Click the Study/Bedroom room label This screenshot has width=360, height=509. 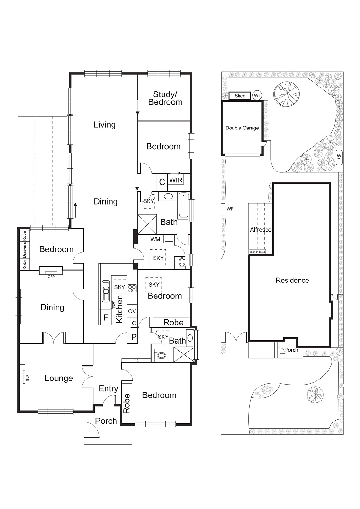coord(165,98)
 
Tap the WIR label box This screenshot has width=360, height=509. coord(176,180)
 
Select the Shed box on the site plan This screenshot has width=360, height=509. coord(240,96)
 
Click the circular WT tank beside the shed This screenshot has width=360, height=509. coord(257,95)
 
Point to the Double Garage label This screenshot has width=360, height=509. coord(242,128)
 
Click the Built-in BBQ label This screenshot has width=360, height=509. coord(257,252)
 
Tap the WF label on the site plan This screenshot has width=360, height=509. coord(230,209)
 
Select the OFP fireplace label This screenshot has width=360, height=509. coord(51,277)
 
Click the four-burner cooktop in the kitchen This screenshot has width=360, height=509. coord(132,289)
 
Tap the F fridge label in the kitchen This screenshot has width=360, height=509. coord(106,317)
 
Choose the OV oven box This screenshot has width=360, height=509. coord(132,311)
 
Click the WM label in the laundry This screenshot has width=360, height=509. coord(156,239)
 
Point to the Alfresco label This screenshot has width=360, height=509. coord(260,230)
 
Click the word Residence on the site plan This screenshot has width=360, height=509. coord(292,280)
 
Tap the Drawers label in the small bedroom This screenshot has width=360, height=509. coord(24,250)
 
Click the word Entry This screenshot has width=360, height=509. coord(108,388)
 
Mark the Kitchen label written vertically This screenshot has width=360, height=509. coord(119,309)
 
